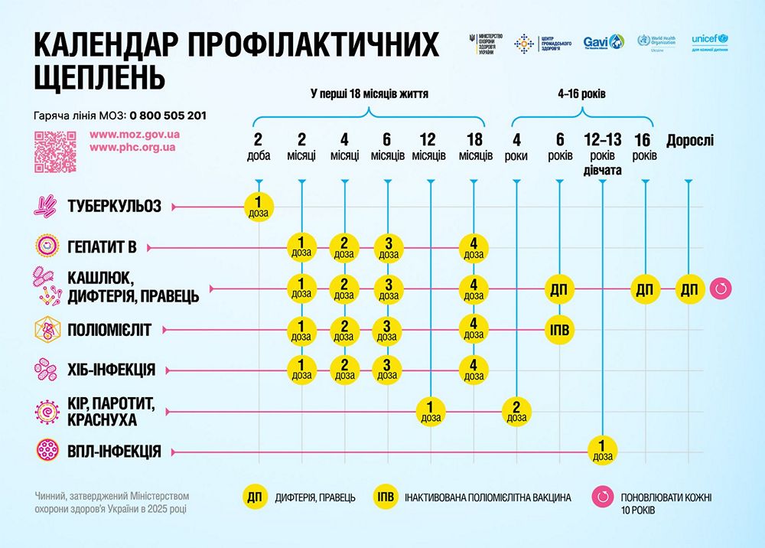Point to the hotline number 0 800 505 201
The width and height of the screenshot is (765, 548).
(x=168, y=116)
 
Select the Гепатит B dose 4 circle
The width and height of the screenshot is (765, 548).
(x=474, y=248)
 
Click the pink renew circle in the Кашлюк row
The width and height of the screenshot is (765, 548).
(x=721, y=289)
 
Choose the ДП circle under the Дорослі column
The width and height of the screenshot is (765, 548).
(x=689, y=289)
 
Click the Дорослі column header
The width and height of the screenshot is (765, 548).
(x=689, y=141)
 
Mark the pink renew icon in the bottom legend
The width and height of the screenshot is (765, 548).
(x=603, y=497)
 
